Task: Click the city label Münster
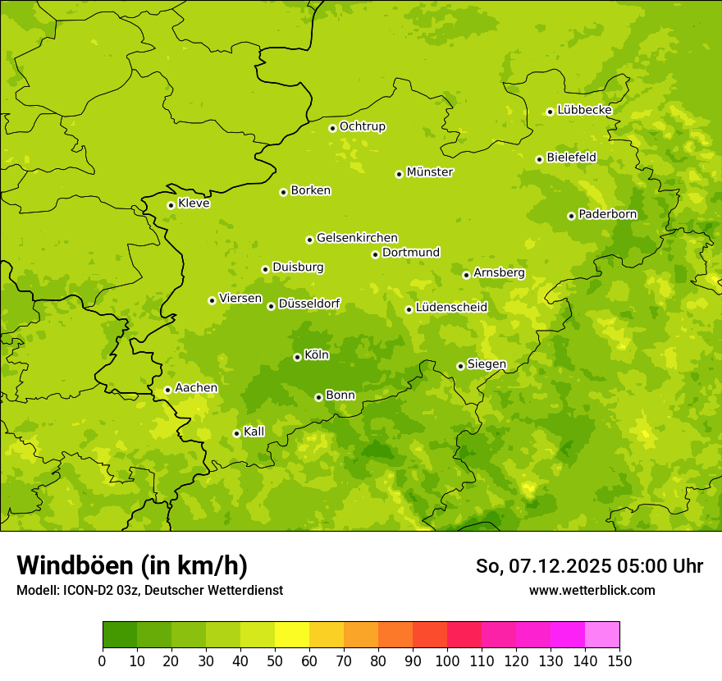click(x=430, y=172)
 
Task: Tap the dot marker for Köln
click(x=297, y=357)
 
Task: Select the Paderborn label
click(x=607, y=214)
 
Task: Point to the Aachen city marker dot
click(x=167, y=390)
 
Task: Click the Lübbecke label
click(x=584, y=110)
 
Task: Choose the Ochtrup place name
click(x=363, y=126)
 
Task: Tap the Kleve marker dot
click(x=171, y=205)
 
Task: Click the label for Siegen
click(x=487, y=364)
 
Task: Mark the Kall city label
click(x=254, y=432)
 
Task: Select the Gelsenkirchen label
click(x=357, y=238)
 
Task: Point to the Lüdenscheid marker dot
click(x=409, y=309)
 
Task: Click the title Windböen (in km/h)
click(x=132, y=565)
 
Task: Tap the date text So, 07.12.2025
click(x=541, y=566)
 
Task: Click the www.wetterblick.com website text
click(x=592, y=590)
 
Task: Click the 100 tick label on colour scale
click(x=447, y=661)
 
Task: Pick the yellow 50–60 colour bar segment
click(x=292, y=635)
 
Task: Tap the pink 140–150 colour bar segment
click(x=602, y=635)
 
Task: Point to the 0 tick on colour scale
click(x=103, y=661)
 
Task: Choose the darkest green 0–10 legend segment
click(x=120, y=635)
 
